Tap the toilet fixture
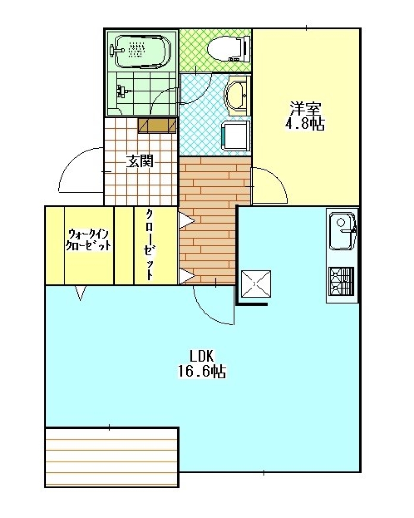(x=229, y=49)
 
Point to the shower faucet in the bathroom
(x=122, y=91)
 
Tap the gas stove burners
(x=342, y=281)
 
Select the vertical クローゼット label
(x=150, y=244)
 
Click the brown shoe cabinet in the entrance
(x=157, y=125)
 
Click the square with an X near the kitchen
(x=256, y=284)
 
